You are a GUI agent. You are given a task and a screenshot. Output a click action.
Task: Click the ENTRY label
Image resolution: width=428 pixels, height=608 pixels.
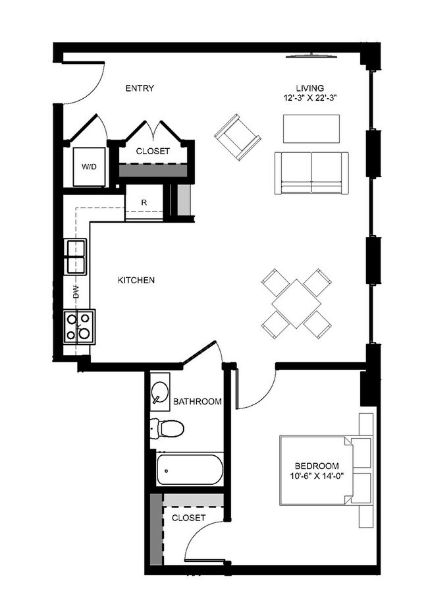[140, 88]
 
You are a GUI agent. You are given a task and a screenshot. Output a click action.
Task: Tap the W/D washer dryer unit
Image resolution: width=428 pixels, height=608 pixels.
[89, 167]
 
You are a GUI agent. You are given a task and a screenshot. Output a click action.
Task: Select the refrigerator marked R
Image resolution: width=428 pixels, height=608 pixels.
[144, 202]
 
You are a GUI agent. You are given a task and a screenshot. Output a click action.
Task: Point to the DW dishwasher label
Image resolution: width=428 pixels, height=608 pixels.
[76, 292]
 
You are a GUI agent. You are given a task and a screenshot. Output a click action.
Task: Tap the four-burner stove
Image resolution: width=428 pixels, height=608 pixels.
[80, 327]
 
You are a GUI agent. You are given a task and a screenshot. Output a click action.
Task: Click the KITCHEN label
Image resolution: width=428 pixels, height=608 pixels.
[136, 280]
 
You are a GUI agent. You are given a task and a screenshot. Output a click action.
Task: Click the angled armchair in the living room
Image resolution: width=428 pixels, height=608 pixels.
[237, 137]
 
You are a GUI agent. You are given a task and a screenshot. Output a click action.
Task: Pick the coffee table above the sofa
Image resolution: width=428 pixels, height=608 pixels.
[311, 128]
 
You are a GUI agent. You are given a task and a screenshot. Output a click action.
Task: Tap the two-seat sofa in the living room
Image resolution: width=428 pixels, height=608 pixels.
[311, 173]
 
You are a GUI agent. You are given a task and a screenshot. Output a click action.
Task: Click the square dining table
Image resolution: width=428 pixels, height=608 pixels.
[296, 304]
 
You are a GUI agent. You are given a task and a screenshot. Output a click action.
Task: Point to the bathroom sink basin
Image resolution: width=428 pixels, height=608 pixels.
[159, 391]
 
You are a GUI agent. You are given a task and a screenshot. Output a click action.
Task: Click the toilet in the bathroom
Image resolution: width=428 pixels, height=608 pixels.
[167, 428]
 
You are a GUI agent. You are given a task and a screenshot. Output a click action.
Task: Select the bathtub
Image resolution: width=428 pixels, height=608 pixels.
[190, 469]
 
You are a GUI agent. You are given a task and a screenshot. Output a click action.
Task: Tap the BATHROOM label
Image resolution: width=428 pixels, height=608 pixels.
[198, 401]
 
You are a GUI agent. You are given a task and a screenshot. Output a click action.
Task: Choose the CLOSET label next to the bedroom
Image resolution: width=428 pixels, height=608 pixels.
[188, 518]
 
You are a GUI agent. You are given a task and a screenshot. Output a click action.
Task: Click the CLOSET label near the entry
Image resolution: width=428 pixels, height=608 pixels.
[153, 152]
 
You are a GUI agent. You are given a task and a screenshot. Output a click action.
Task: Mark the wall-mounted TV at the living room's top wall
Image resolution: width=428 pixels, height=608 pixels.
[312, 57]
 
